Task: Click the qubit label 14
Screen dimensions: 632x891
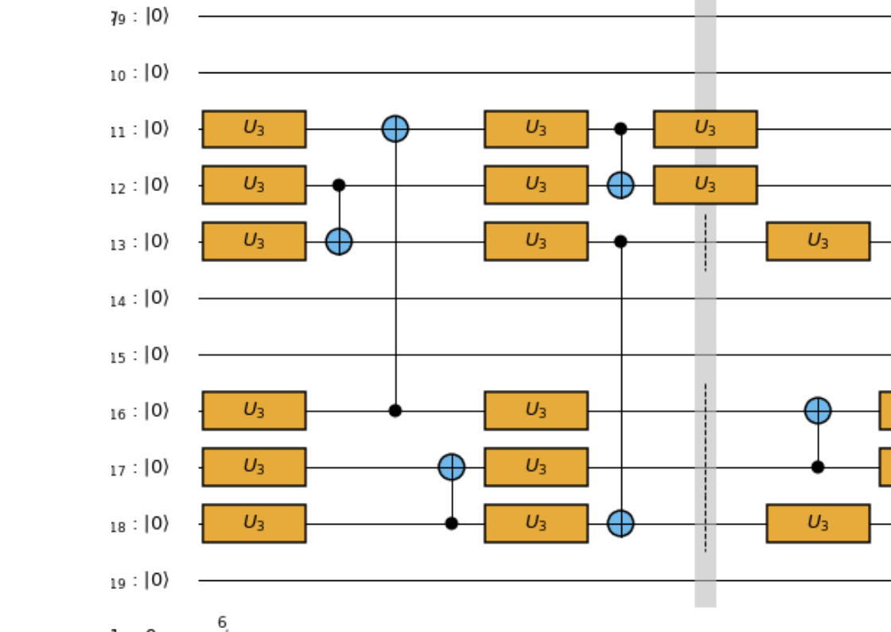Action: pos(139,298)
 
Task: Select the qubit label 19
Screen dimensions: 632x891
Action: pos(139,581)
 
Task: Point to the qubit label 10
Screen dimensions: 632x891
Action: pos(139,73)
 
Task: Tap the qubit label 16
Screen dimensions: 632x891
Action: pos(139,412)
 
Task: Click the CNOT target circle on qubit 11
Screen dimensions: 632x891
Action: pos(395,129)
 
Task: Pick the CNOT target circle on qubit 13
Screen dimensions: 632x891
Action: pos(339,241)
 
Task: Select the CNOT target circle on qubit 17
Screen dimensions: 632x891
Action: pos(451,467)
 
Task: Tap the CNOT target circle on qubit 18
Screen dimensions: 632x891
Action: pos(621,524)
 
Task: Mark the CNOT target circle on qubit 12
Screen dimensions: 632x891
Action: pos(621,185)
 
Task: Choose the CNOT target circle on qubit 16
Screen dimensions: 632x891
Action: pos(818,411)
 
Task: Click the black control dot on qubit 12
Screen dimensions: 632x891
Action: pos(339,185)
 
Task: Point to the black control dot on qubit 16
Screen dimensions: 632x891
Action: pos(395,411)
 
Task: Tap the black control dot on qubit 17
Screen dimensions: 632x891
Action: pos(818,467)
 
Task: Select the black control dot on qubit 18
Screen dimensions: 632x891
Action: pos(451,524)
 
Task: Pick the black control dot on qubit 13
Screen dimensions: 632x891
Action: pos(621,241)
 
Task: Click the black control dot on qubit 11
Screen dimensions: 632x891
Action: pos(621,129)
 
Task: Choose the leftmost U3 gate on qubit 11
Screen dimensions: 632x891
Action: pos(254,129)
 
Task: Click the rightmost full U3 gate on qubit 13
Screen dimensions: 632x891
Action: pos(818,241)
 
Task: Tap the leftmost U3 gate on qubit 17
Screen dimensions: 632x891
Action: pos(254,467)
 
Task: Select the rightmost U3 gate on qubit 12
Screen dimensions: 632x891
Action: pos(705,185)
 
